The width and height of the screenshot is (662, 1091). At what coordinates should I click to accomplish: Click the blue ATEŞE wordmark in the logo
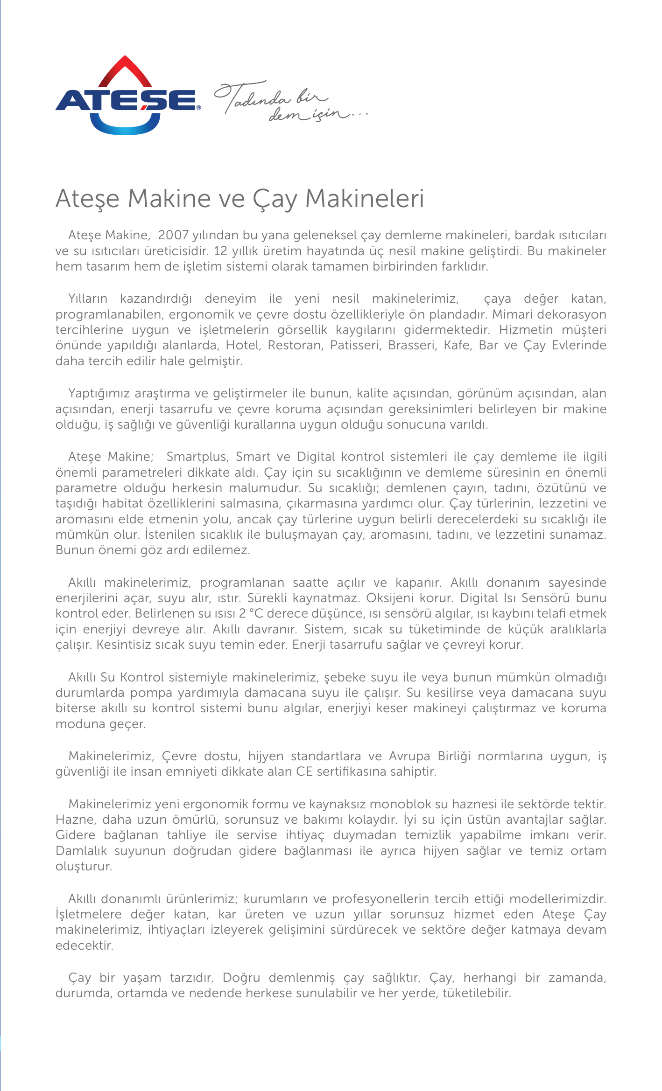(126, 100)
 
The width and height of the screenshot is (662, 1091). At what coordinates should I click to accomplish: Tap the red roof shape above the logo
(125, 70)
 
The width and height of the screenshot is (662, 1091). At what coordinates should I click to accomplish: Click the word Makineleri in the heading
(364, 198)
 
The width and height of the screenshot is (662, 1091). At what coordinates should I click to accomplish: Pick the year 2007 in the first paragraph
(174, 235)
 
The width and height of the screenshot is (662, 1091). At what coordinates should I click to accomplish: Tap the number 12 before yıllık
(220, 251)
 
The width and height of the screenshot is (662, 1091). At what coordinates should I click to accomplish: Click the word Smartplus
(197, 456)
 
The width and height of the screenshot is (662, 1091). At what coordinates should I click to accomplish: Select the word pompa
(151, 693)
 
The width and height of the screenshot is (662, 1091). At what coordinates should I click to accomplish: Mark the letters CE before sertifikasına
(304, 771)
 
